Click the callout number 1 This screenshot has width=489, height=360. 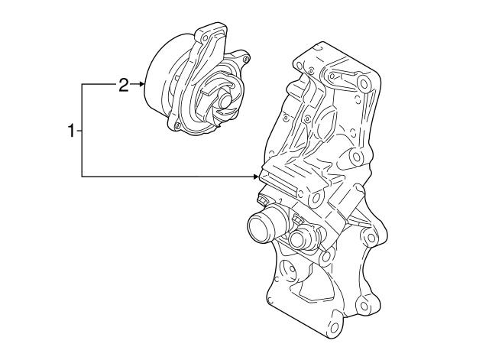(71, 131)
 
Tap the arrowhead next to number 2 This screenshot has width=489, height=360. (142, 85)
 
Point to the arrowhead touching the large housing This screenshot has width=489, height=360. (257, 177)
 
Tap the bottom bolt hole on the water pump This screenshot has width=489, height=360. (176, 125)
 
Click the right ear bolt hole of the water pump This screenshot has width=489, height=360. (244, 58)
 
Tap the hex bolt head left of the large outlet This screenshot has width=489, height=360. (264, 200)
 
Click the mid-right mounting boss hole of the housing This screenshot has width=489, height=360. (355, 158)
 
